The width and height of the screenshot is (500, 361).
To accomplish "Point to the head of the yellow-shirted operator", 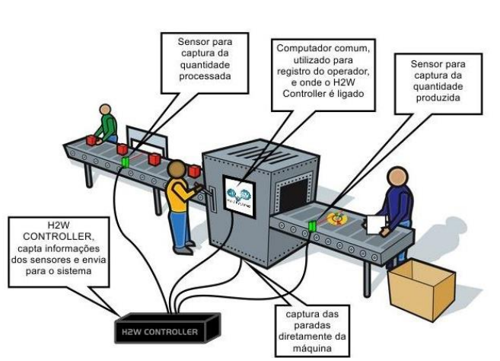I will coord(177,171).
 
